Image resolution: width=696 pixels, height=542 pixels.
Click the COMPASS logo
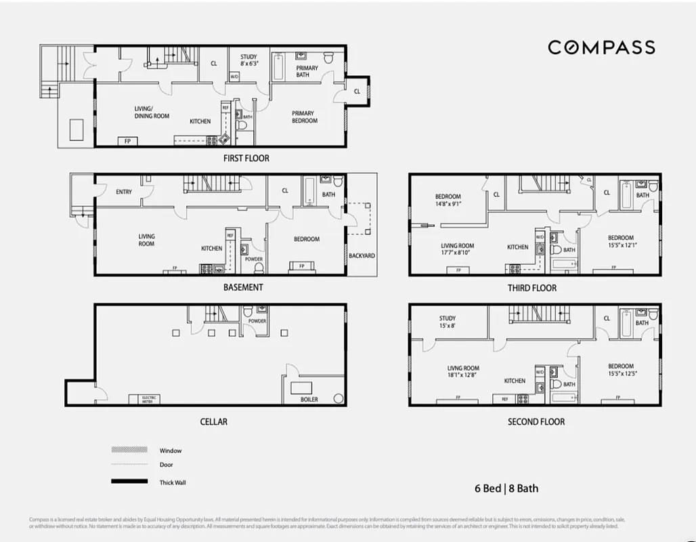point(601,47)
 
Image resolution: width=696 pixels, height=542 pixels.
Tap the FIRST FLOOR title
point(246,159)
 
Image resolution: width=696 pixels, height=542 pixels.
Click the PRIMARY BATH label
point(307,71)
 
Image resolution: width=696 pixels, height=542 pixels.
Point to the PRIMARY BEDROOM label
point(304,117)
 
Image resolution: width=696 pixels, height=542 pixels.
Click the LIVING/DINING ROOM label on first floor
point(152,112)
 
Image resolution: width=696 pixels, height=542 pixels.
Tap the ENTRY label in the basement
point(124,192)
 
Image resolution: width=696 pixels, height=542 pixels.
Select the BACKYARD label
point(362,256)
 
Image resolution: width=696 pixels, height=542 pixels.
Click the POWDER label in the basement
point(253,259)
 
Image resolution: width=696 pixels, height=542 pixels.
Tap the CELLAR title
point(213,422)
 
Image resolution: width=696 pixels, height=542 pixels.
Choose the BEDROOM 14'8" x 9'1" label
point(448,200)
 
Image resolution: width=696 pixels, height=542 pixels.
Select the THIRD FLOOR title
point(532,288)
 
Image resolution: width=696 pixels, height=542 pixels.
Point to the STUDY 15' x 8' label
point(447,322)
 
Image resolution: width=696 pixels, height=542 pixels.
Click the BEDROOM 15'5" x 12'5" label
point(620,370)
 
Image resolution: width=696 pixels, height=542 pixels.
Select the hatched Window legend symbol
point(129,450)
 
